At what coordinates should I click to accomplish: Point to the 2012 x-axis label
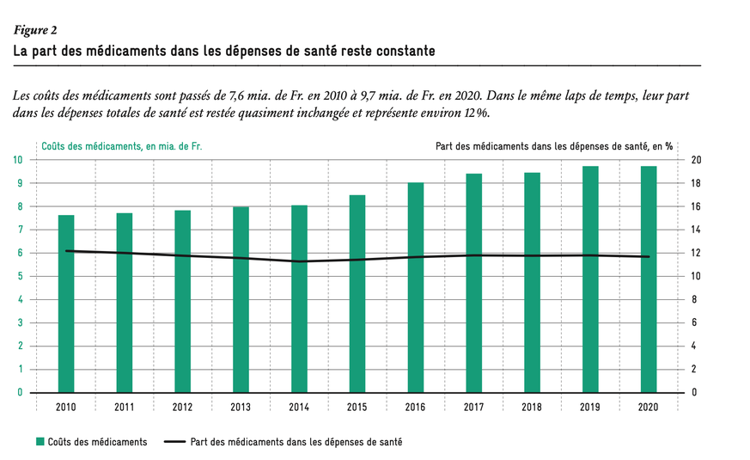pos(182,407)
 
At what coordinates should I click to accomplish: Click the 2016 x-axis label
pos(415,407)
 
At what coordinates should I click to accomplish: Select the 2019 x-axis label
pos(589,407)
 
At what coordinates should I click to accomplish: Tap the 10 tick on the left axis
pos(18,160)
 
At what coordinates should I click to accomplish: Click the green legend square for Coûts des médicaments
pos(40,442)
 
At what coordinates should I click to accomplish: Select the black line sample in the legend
pos(174,442)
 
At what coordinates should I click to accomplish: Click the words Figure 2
pos(35,31)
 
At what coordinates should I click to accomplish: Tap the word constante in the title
pos(404,52)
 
